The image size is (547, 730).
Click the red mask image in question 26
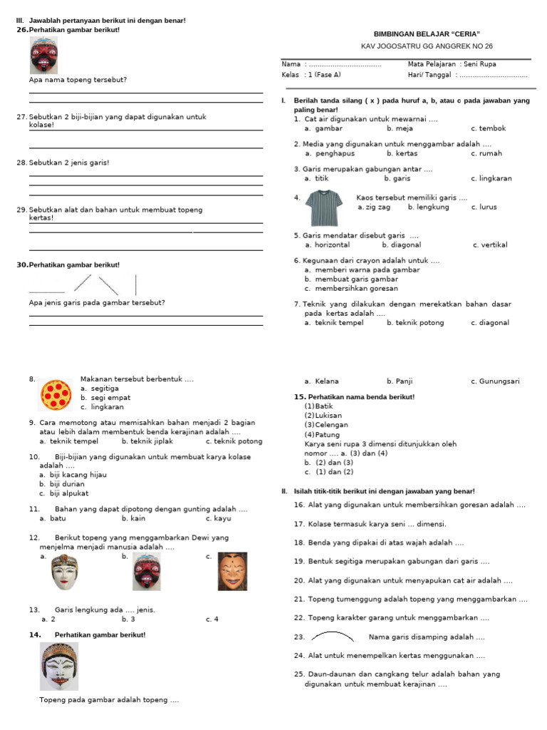43,56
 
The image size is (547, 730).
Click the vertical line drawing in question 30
136,284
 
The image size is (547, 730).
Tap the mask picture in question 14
59,667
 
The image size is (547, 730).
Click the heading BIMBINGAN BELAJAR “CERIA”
427,34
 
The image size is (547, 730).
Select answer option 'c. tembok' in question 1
488,129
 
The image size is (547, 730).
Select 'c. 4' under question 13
212,620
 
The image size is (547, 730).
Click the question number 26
22,30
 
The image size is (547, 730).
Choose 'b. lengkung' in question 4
428,207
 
